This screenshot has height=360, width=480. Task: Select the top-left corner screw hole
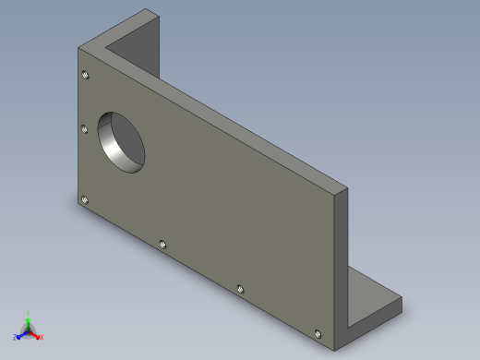tap(85, 75)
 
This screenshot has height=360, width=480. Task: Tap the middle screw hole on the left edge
tap(85, 130)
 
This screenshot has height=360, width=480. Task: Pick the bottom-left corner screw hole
tap(85, 198)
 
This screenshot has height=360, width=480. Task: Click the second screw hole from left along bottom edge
tap(162, 244)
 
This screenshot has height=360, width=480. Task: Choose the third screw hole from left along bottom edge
tap(240, 289)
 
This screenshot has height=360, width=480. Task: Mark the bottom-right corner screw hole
tap(318, 332)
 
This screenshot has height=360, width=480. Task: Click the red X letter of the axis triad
tap(42, 338)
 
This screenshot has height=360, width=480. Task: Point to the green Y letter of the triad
tap(29, 314)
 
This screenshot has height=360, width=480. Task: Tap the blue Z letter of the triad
tap(15, 338)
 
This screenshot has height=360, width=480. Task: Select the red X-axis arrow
tap(35, 334)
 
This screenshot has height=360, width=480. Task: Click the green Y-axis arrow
tap(28, 322)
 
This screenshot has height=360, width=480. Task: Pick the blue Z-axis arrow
tap(20, 334)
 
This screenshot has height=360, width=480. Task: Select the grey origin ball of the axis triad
tap(28, 330)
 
